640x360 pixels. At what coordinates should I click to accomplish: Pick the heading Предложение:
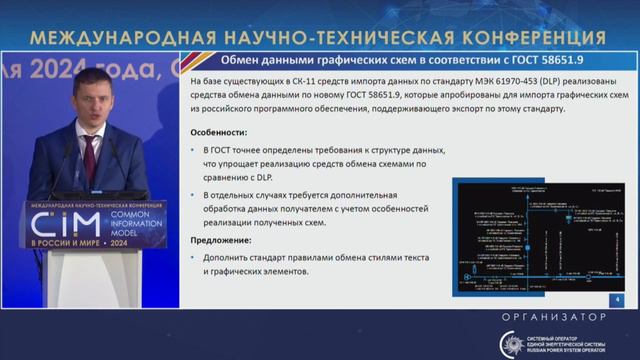[223, 240]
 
